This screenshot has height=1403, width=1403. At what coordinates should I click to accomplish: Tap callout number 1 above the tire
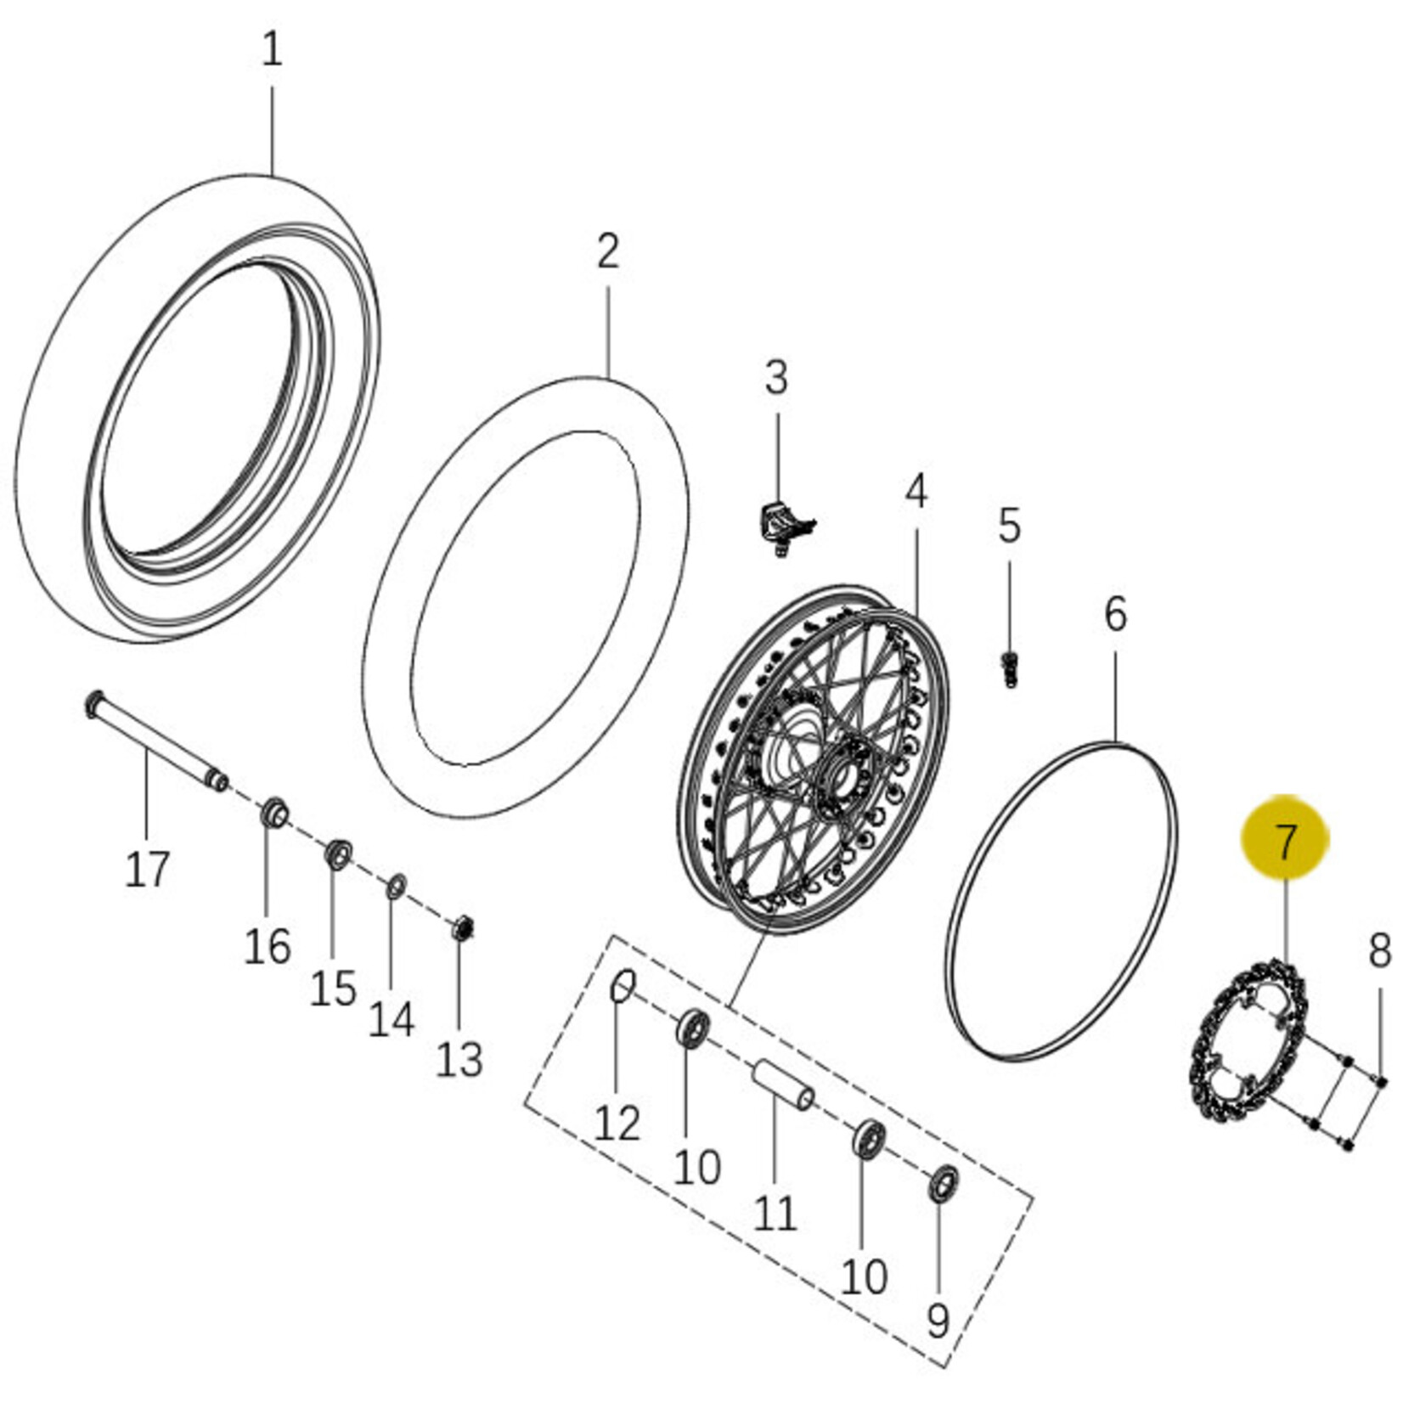point(271,49)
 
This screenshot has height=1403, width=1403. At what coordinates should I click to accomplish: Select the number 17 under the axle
point(147,869)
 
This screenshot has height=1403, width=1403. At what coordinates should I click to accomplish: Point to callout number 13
point(459,1059)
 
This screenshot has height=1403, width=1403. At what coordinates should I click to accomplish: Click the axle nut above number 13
point(463,927)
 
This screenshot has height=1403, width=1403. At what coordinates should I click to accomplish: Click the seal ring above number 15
point(339,854)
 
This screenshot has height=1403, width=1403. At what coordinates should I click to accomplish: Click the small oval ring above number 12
point(623,987)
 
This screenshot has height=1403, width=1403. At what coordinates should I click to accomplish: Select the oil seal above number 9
point(943,1184)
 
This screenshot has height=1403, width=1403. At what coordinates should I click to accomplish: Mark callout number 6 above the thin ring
point(1115,614)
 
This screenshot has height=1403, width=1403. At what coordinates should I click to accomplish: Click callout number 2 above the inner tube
point(608,251)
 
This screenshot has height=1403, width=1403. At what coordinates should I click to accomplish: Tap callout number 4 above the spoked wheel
point(916,492)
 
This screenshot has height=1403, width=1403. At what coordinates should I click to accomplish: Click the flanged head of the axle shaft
point(93,704)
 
